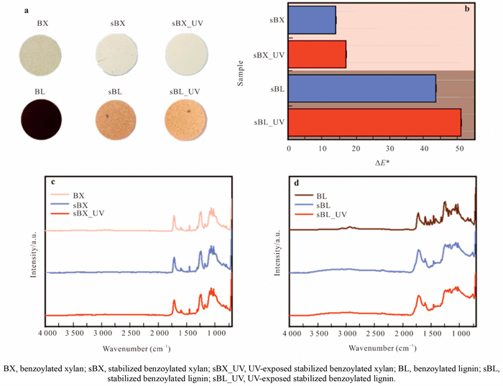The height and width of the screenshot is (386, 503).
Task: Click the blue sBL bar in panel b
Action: click(x=362, y=88)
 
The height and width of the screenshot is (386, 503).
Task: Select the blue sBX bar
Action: click(x=312, y=19)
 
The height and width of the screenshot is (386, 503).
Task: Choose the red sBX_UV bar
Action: click(x=317, y=54)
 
